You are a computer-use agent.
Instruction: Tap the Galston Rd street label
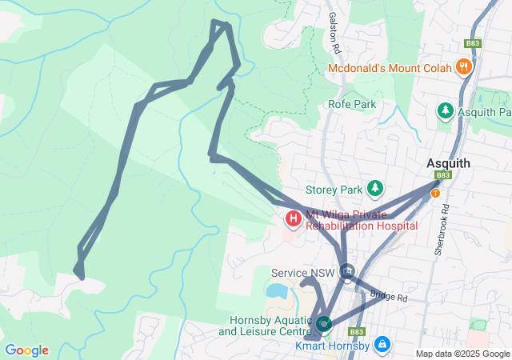pyautogui.click(x=334, y=30)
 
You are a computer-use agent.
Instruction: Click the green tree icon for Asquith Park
pyautogui.click(x=445, y=111)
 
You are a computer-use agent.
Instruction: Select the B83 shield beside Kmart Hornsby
pyautogui.click(x=357, y=331)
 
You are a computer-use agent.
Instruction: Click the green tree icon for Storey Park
pyautogui.click(x=374, y=189)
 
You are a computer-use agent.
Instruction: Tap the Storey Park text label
pyautogui.click(x=334, y=190)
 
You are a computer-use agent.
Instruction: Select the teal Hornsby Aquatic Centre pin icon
pyautogui.click(x=323, y=324)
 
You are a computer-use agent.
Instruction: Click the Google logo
pyautogui.click(x=26, y=350)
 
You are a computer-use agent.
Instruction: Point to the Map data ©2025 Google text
pyautogui.click(x=462, y=354)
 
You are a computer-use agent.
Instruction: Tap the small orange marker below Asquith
pyautogui.click(x=435, y=193)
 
